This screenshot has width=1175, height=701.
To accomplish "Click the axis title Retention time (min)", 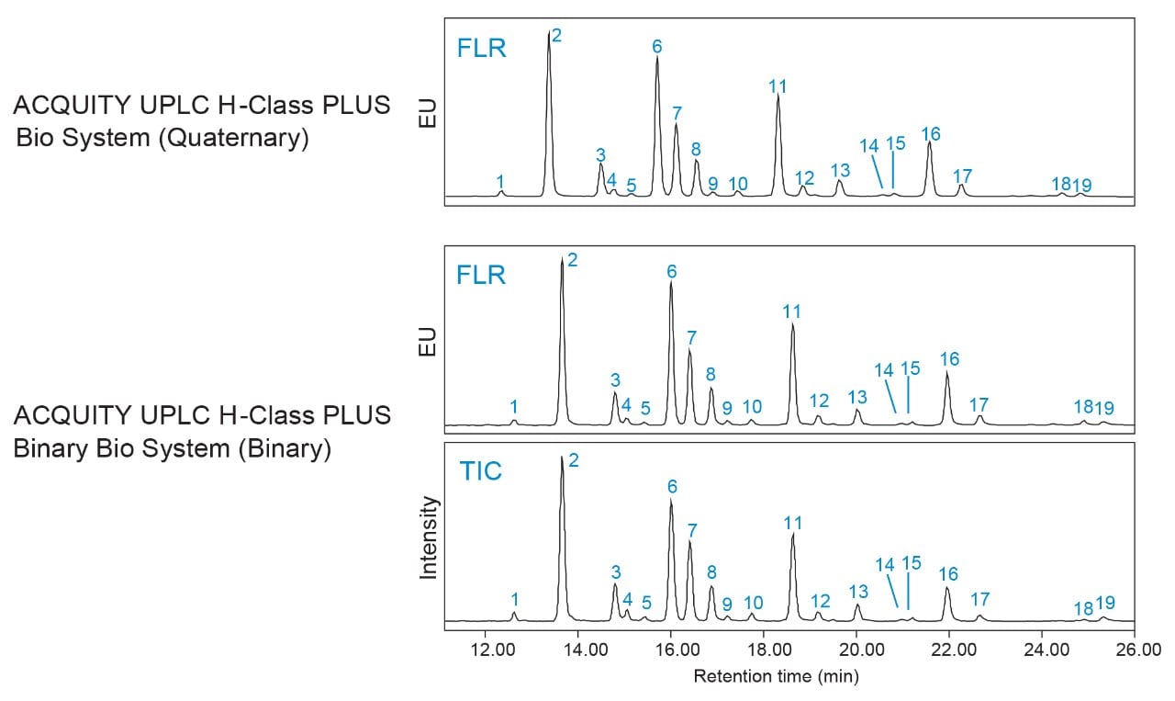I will (776, 678).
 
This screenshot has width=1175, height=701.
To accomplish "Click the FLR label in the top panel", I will (481, 48).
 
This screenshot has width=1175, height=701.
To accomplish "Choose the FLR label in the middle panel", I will (481, 275).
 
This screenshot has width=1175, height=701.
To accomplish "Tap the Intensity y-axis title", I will (429, 537).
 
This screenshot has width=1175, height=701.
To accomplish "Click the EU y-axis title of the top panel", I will (429, 109).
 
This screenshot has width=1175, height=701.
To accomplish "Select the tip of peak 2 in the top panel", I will (549, 31).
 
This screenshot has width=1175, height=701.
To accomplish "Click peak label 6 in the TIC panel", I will (672, 486).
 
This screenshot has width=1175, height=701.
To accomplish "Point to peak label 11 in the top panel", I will (778, 87).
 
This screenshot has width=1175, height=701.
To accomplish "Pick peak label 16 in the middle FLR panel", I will (949, 358).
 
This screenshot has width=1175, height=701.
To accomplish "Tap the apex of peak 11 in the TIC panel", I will (793, 535).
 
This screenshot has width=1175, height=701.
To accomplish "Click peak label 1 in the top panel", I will (500, 181).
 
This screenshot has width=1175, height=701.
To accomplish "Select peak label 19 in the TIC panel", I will (1105, 603).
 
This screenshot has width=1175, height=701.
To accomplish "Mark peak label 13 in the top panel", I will (840, 170).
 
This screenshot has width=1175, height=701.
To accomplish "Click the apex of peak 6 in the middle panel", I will (671, 282).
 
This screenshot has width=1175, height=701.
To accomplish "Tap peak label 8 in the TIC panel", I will (711, 572).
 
